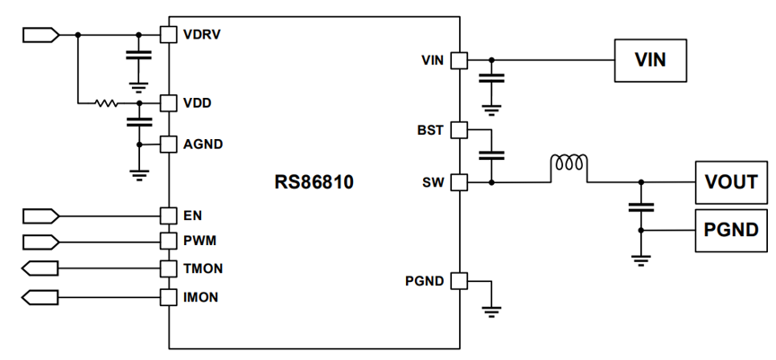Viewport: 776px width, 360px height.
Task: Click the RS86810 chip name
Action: [x=314, y=182]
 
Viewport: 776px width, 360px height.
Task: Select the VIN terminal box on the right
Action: [x=650, y=60]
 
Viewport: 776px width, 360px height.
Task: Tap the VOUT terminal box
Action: [x=731, y=182]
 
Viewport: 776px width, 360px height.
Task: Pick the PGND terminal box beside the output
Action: [x=731, y=231]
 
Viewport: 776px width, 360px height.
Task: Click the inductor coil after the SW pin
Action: [x=569, y=163]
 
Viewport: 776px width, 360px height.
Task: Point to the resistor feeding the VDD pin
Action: [x=106, y=103]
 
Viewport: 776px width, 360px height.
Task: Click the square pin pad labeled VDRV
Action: [x=168, y=35]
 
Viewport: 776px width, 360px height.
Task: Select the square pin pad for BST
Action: [x=459, y=130]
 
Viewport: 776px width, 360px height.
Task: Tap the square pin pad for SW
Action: [x=459, y=182]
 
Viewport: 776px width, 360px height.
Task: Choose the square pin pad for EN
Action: [x=168, y=216]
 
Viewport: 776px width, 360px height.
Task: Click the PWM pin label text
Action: [x=200, y=241]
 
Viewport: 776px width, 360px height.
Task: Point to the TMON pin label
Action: [x=203, y=268]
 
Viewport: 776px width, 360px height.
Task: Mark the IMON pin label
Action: [x=201, y=297]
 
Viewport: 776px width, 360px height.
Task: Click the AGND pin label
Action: [x=203, y=145]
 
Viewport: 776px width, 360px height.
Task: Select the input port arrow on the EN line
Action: [x=41, y=216]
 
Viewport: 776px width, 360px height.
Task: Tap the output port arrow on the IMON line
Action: [x=40, y=298]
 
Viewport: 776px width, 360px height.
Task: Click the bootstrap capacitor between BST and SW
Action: [x=491, y=155]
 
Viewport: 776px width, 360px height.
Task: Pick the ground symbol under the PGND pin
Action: [x=491, y=311]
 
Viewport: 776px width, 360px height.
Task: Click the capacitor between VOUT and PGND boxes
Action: [x=641, y=207]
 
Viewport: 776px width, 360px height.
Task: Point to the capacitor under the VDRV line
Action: [x=138, y=56]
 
